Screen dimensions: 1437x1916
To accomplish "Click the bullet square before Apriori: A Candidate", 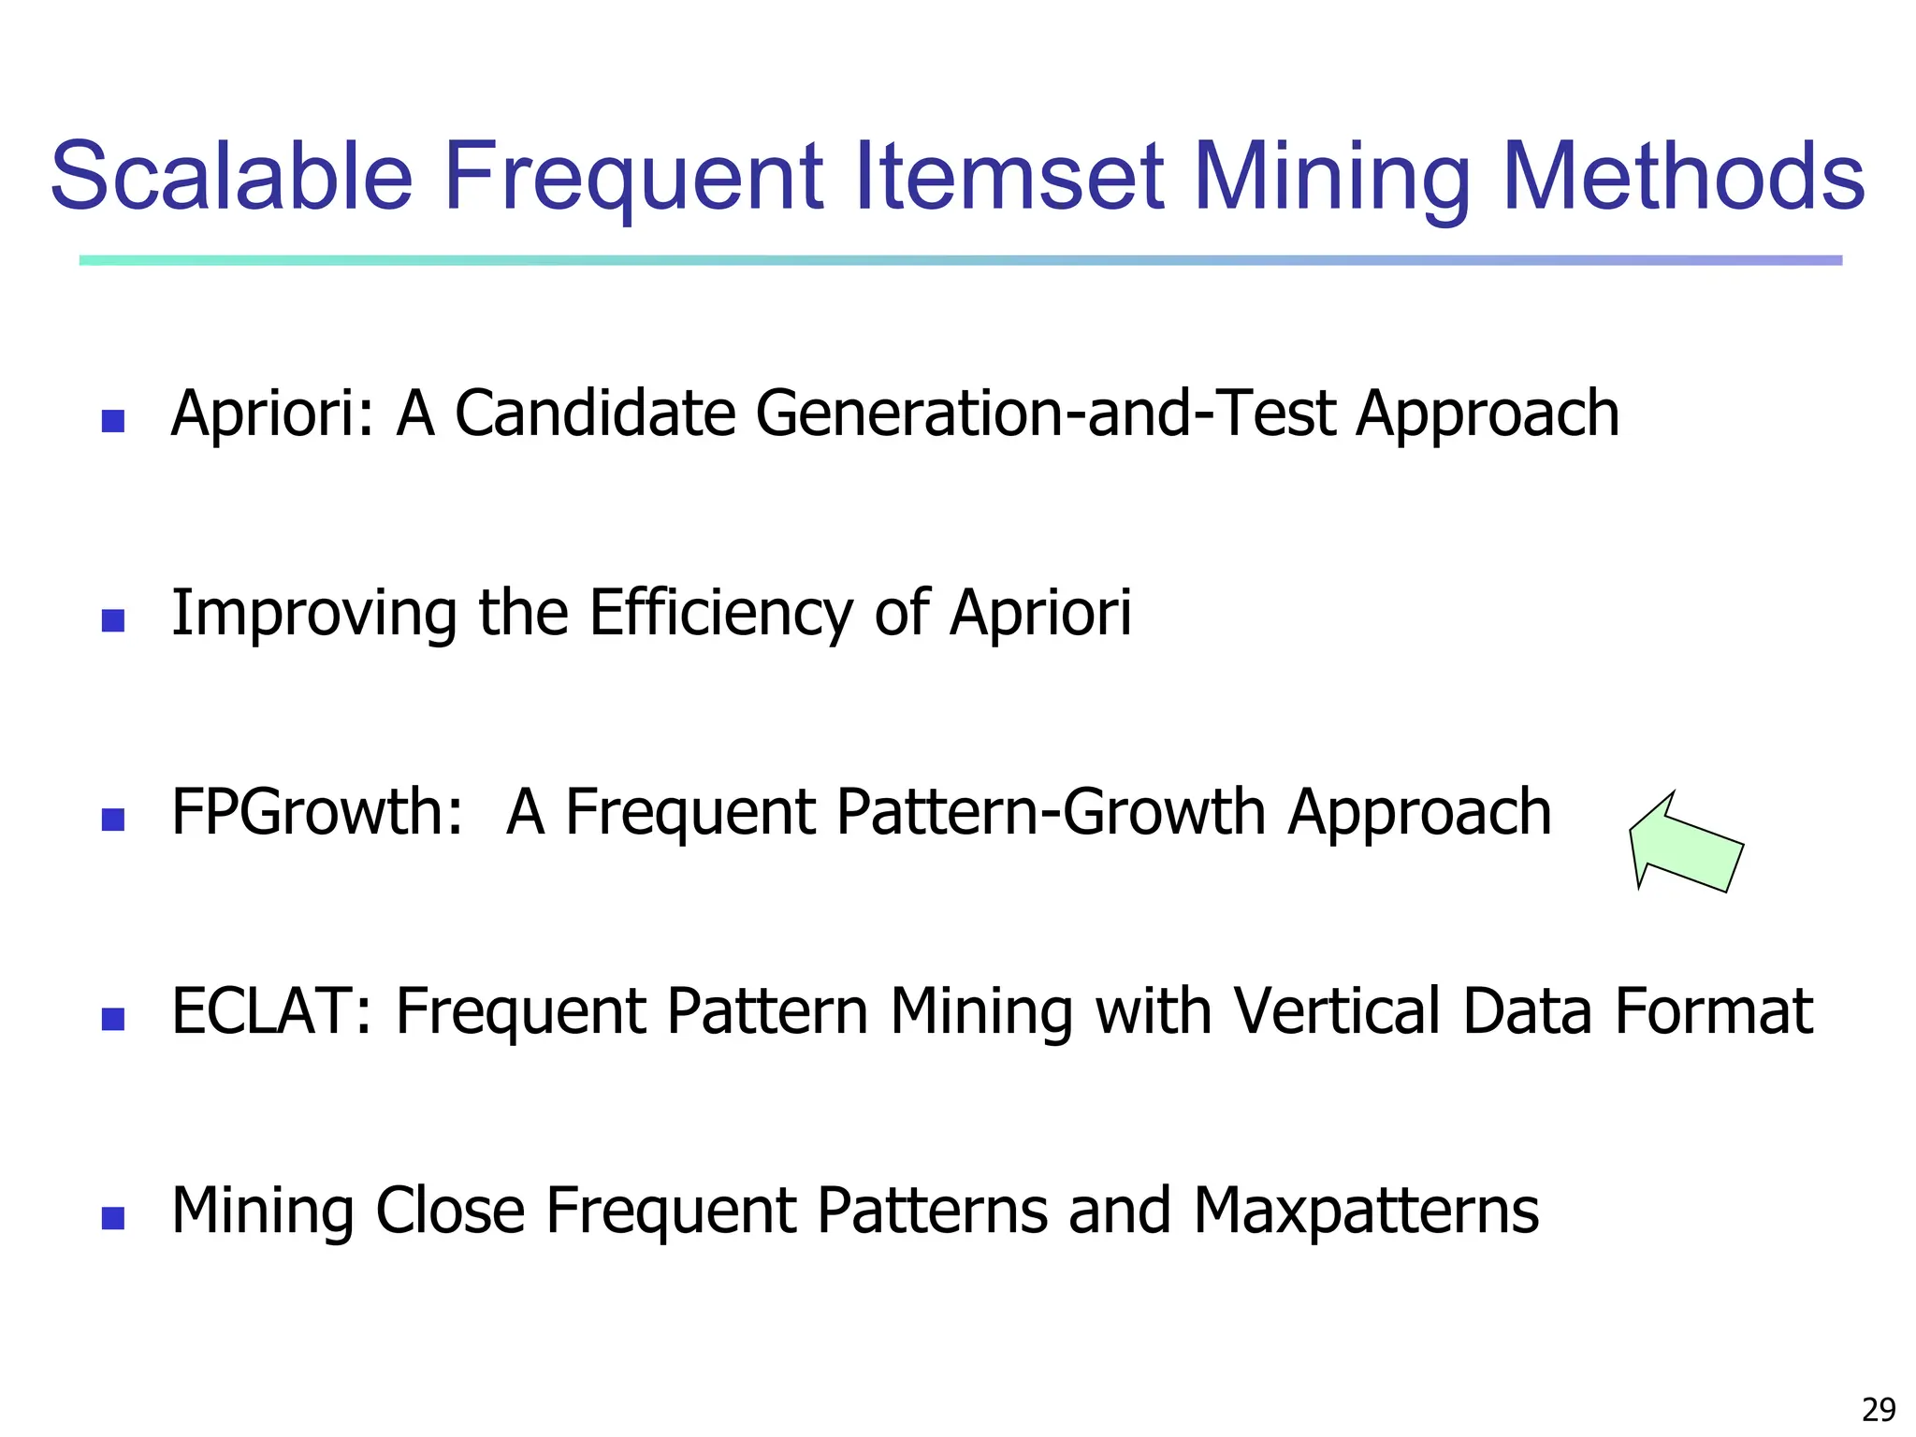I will tap(113, 421).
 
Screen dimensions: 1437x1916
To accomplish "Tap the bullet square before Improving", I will tap(113, 620).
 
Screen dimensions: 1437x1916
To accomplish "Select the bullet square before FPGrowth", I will tap(113, 820).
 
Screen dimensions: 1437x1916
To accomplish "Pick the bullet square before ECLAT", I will tap(113, 1019).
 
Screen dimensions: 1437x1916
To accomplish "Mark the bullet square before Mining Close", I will tap(113, 1218).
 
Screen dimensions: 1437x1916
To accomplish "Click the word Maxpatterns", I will tap(1366, 1211).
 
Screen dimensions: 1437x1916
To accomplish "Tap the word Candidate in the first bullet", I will tap(595, 414).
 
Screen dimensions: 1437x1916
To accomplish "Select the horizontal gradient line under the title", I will tap(960, 260).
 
